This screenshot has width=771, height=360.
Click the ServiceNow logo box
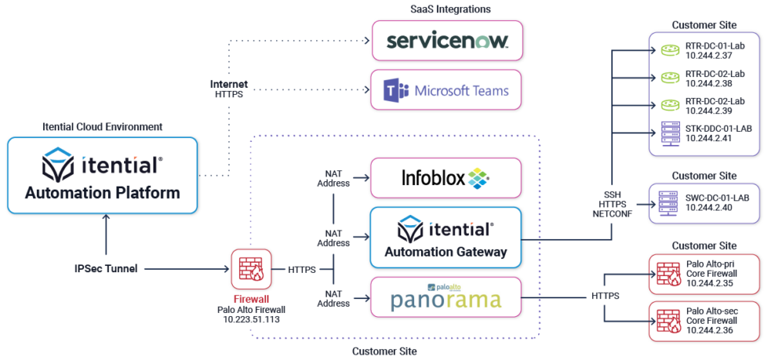point(447,40)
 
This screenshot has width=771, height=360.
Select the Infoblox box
point(447,179)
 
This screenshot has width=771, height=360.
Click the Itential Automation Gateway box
point(447,237)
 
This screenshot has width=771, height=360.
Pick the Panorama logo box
point(447,297)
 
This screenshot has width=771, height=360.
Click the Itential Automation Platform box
point(103,176)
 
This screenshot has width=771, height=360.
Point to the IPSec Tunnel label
point(106,269)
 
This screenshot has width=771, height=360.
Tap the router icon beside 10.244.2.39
point(668,105)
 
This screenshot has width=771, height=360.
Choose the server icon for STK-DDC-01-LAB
point(668,133)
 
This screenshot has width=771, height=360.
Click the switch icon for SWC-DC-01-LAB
point(668,203)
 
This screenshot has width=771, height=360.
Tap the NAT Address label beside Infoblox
point(333,179)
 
